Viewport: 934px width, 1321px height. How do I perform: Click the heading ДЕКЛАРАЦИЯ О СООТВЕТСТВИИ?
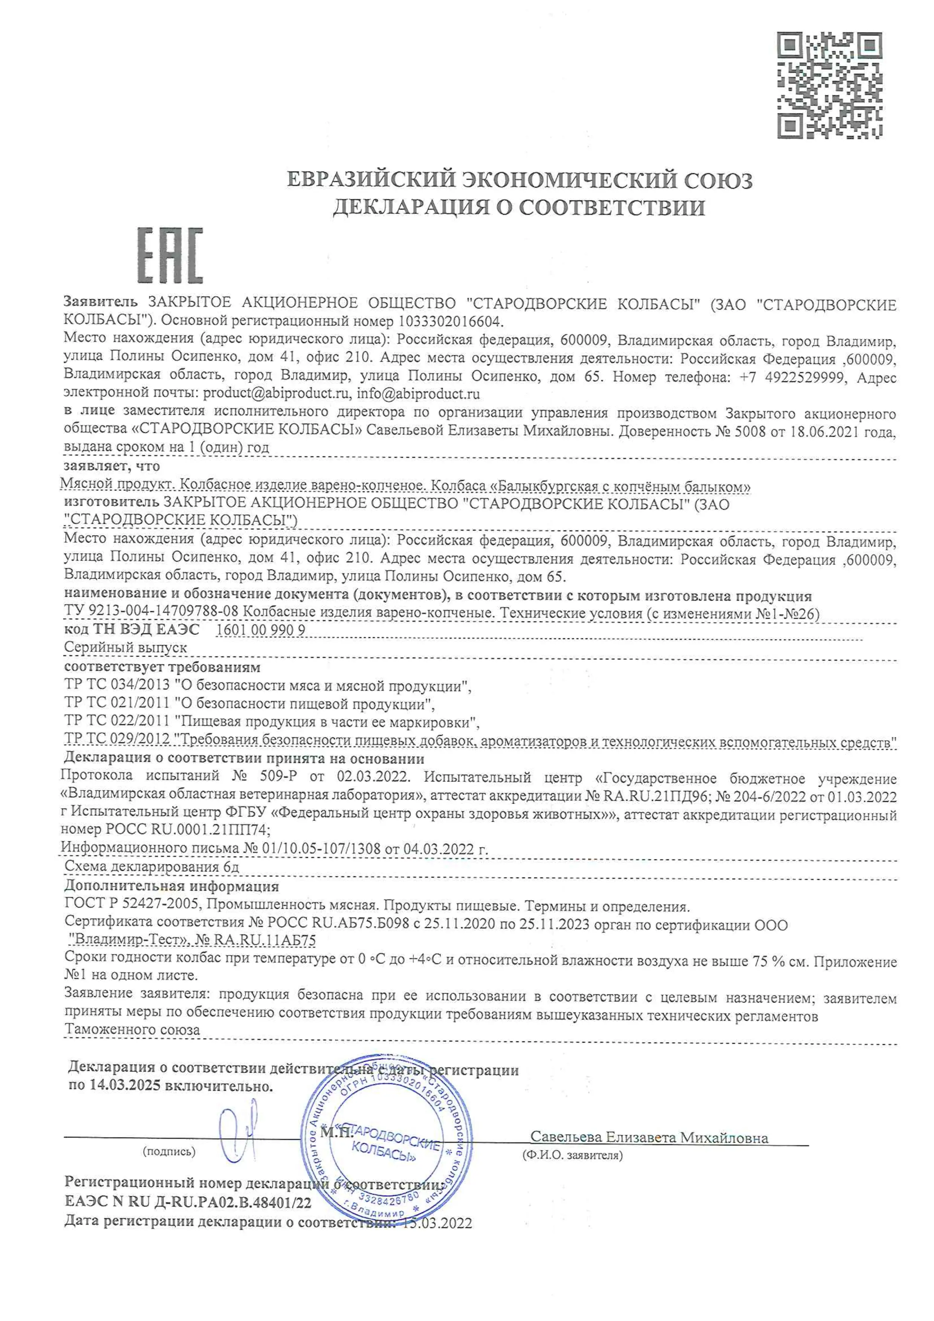(x=518, y=208)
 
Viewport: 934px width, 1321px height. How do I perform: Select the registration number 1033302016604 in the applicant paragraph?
(x=449, y=321)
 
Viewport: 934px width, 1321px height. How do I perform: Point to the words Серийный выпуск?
(x=125, y=648)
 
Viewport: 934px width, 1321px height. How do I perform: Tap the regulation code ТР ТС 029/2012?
(x=117, y=739)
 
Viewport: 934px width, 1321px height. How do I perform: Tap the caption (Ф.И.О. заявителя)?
(x=572, y=1155)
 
